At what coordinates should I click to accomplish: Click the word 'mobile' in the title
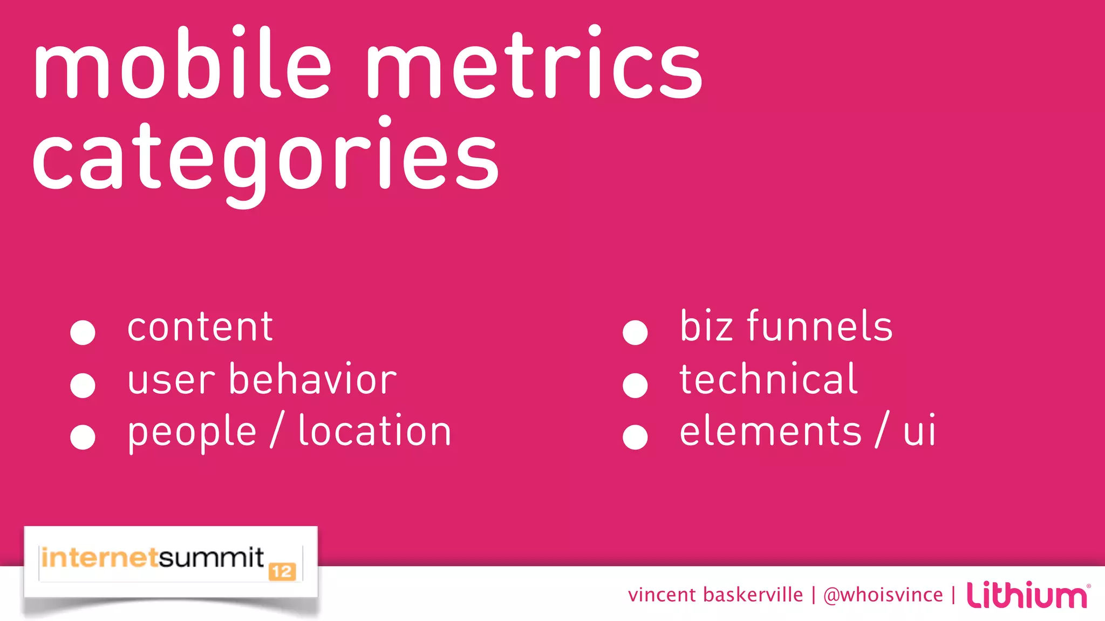pyautogui.click(x=181, y=64)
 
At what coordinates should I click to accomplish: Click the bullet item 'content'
pyautogui.click(x=200, y=327)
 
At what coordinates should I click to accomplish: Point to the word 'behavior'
pyautogui.click(x=313, y=379)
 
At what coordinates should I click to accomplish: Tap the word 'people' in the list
pyautogui.click(x=192, y=432)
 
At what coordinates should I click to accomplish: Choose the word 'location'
pyautogui.click(x=374, y=431)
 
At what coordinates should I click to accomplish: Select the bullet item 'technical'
pyautogui.click(x=768, y=379)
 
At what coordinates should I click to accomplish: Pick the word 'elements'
pyautogui.click(x=770, y=431)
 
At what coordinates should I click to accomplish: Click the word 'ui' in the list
pyautogui.click(x=919, y=431)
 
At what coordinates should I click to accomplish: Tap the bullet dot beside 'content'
pyautogui.click(x=83, y=332)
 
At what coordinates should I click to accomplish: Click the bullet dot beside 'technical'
pyautogui.click(x=635, y=385)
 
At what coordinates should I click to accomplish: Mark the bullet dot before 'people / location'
pyautogui.click(x=83, y=437)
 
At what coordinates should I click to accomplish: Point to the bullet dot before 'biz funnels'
pyautogui.click(x=635, y=332)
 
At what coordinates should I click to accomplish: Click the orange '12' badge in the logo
pyautogui.click(x=282, y=572)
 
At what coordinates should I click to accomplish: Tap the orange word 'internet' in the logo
pyautogui.click(x=99, y=557)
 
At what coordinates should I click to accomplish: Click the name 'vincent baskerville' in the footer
pyautogui.click(x=715, y=595)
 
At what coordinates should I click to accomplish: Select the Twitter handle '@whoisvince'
pyautogui.click(x=883, y=595)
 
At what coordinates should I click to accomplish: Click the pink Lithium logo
pyautogui.click(x=1027, y=595)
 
